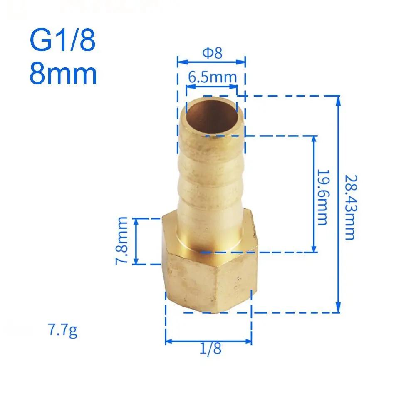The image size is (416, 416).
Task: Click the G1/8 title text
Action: coord(62,40)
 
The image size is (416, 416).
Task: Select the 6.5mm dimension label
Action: coord(212,77)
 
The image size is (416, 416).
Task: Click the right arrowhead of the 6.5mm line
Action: coord(235,87)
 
